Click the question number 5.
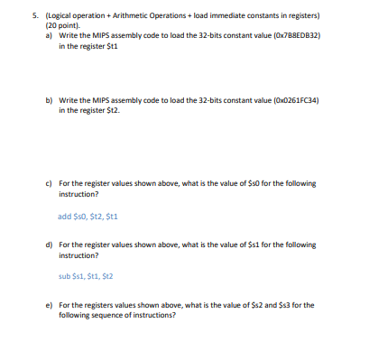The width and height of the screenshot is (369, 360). coord(33,16)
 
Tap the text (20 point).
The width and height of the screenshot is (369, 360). coord(62,25)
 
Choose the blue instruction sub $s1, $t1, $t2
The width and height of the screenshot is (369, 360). coord(88,277)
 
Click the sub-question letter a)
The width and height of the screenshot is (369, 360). coord(50,34)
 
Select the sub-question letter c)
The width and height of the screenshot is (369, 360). coord(50,182)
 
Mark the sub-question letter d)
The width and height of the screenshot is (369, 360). coord(50,244)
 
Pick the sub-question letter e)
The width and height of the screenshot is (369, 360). coord(50,305)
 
